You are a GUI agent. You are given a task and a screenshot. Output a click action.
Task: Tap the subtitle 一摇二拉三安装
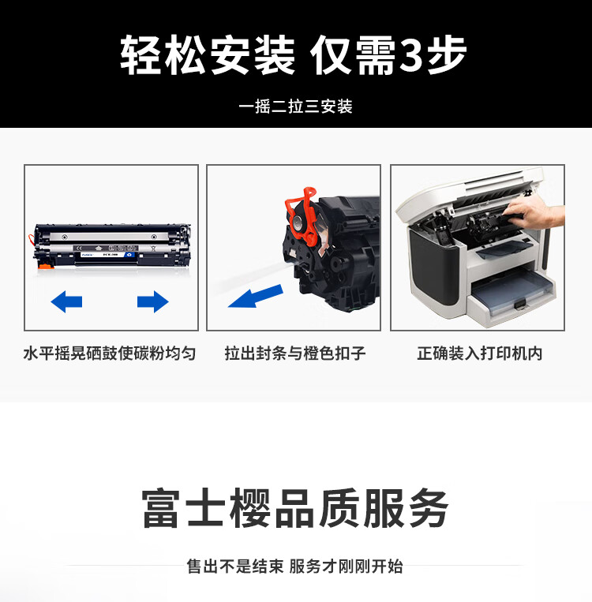coord(295,107)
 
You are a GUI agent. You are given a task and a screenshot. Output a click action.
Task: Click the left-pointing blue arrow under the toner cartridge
coord(67,301)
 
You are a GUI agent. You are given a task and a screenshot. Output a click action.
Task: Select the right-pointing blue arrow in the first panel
coord(152,301)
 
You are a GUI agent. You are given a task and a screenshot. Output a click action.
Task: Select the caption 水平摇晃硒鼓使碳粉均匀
coord(110,353)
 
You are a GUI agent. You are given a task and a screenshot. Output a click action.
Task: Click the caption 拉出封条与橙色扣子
coord(294,353)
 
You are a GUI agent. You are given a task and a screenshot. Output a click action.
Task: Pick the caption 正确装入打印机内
coord(479,353)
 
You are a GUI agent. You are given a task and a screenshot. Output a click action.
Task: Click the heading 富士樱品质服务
coord(295,507)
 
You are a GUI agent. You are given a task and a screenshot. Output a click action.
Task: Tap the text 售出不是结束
coord(234,566)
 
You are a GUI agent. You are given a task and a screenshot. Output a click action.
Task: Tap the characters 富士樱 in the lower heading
coord(205,507)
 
